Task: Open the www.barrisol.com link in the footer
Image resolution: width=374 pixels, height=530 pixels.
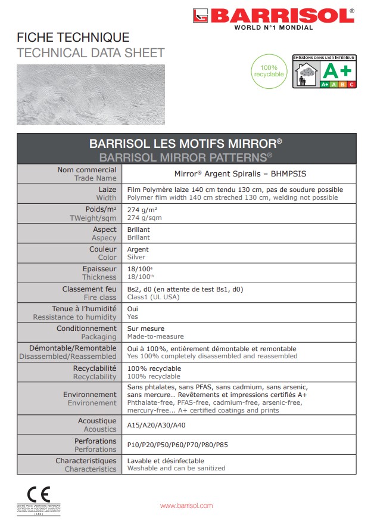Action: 186,506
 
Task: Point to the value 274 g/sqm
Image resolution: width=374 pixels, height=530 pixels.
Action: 145,218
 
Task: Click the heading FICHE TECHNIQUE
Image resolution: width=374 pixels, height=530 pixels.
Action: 73,38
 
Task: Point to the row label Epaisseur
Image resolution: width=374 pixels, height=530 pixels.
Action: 99,269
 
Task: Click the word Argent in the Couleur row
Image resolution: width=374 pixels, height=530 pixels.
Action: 138,249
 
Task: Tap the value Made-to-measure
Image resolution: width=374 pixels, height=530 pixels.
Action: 155,336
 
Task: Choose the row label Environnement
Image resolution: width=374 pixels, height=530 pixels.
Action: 90,395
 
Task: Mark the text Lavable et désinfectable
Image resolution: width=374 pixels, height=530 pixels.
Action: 166,461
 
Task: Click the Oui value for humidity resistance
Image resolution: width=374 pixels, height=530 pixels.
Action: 133,309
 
